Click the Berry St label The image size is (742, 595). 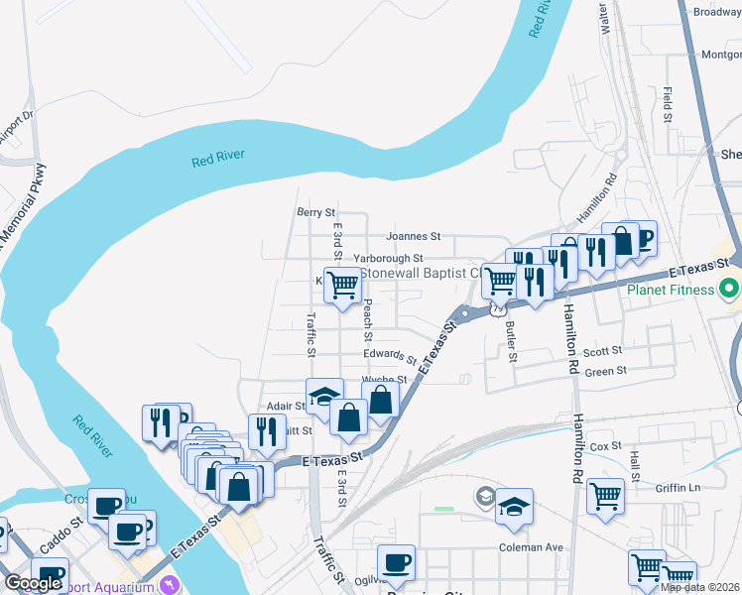point(316,212)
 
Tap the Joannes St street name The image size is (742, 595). point(413,237)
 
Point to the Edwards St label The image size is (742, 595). point(389,354)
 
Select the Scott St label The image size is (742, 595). point(602,351)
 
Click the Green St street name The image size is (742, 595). point(606,371)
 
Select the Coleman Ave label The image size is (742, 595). point(531,547)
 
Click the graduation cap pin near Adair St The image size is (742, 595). point(324,397)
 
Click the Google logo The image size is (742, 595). point(33,583)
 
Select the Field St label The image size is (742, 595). point(669,104)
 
